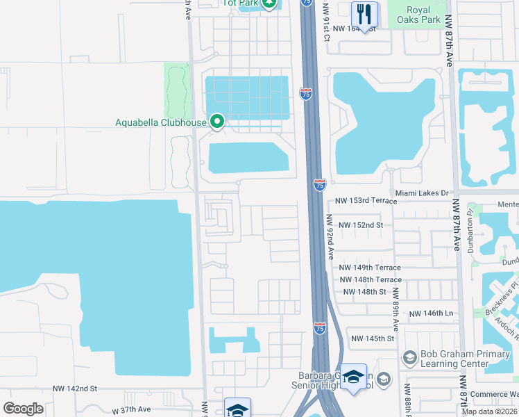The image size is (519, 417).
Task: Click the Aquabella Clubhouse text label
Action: click(160, 123)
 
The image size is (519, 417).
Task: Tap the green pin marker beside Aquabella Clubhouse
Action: click(216, 122)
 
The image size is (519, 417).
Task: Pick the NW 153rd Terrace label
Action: click(366, 201)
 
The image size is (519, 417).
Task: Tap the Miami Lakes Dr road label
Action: click(423, 193)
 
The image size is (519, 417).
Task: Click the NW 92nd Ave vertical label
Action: click(331, 236)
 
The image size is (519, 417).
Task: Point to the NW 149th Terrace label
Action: click(370, 268)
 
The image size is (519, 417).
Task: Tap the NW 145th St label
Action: click(373, 338)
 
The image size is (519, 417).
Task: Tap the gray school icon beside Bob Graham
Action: click(409, 358)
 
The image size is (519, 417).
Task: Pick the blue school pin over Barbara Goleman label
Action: click(353, 377)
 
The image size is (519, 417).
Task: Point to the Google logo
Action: click(23, 409)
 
